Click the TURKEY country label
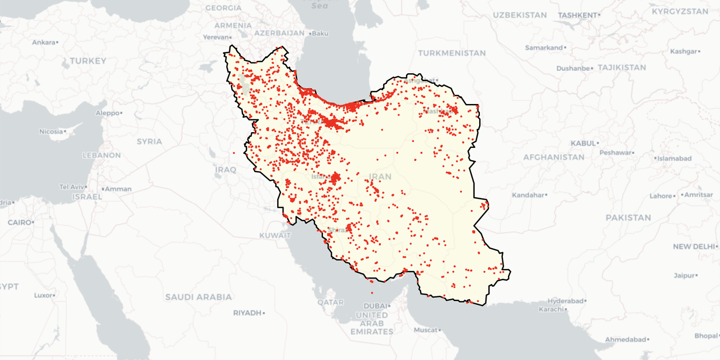point(88,60)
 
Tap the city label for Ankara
point(44,42)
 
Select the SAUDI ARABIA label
point(198,296)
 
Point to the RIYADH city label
point(247,312)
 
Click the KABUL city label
point(583,143)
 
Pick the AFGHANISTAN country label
point(553,157)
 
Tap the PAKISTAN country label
point(628,217)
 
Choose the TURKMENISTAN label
point(452,53)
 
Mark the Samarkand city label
point(543,47)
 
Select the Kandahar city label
point(528,195)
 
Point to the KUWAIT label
point(275,235)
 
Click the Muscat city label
point(425,330)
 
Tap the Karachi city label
point(550,309)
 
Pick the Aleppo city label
point(108,112)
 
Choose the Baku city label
point(319,33)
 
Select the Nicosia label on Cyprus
point(51,131)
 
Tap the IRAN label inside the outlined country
point(380,176)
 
